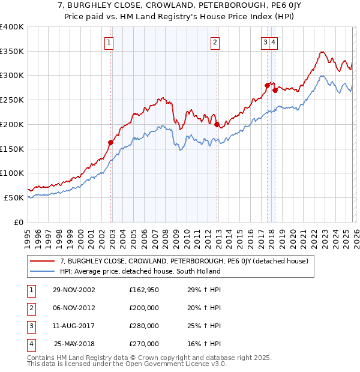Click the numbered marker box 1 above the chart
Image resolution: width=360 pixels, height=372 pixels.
point(109,42)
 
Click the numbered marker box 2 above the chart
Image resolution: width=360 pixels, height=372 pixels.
point(215,42)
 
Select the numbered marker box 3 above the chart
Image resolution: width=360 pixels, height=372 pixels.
point(265,42)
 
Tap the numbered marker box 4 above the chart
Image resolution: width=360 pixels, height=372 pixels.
point(274,42)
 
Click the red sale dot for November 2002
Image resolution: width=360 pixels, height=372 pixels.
point(111,142)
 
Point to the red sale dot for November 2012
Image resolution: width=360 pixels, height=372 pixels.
point(217,124)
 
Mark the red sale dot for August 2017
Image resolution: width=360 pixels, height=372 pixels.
point(267,85)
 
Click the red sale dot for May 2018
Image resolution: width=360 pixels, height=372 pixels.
point(275,90)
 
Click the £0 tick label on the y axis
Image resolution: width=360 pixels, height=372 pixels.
point(19,222)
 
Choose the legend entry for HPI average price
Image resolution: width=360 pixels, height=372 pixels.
point(140,271)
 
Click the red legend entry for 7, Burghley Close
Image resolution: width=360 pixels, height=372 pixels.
point(184,261)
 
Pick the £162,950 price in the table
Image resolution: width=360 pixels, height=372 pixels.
point(144,290)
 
